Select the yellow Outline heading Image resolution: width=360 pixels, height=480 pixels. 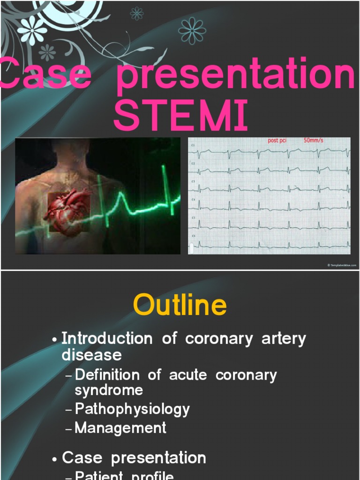180,306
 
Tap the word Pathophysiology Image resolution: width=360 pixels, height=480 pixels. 132,409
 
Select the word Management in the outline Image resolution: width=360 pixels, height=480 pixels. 120,427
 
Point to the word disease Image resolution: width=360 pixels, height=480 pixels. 91,355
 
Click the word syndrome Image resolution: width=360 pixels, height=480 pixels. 109,390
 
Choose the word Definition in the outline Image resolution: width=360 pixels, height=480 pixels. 107,375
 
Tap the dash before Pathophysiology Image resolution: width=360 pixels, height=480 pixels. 69,410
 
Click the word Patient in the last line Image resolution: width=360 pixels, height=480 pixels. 99,476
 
